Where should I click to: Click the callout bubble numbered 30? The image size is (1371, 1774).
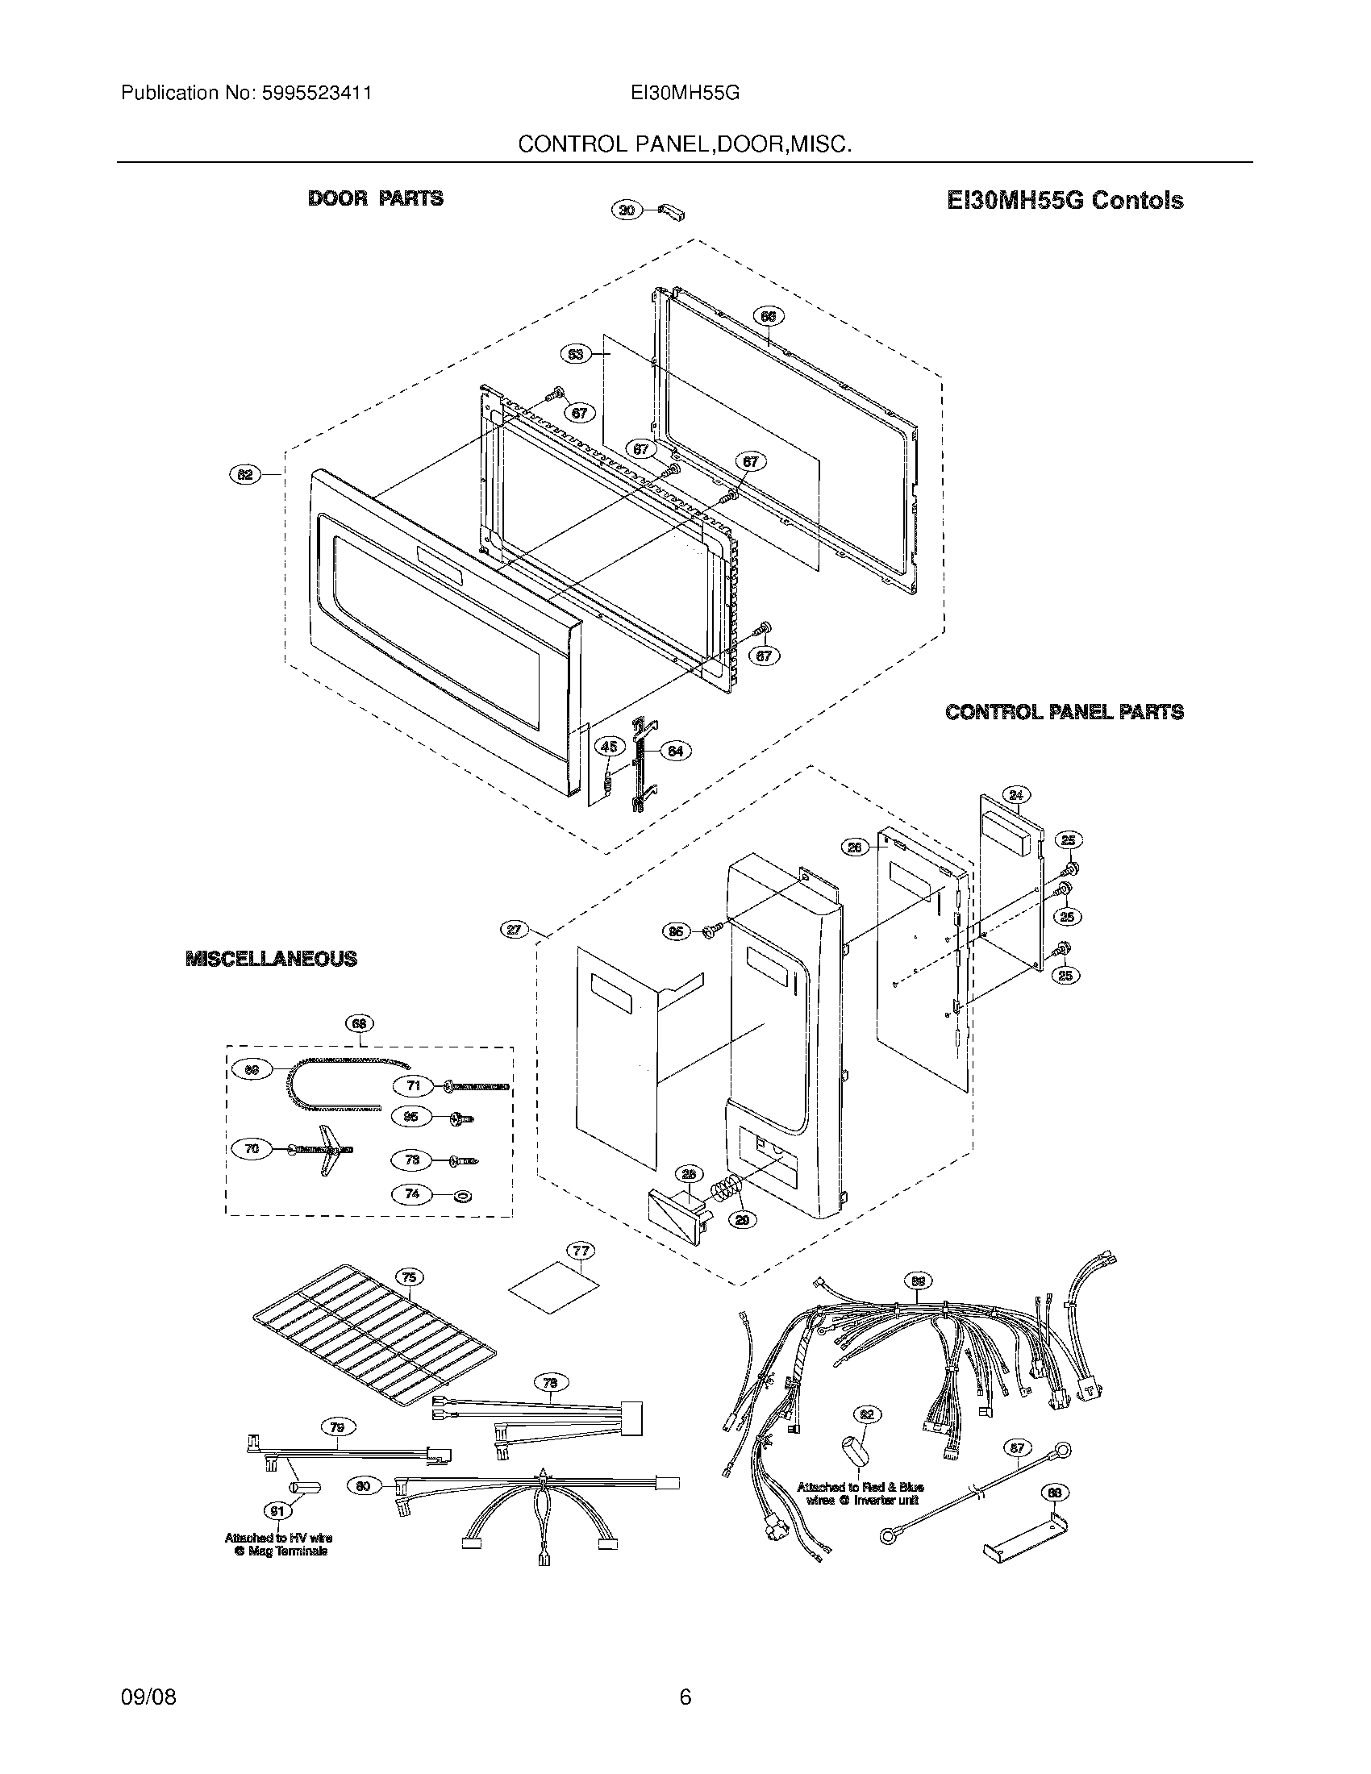pos(625,210)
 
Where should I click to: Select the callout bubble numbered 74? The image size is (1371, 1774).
pos(412,1194)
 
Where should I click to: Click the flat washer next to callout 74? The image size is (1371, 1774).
pos(464,1196)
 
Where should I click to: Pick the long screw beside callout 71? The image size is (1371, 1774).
pos(477,1086)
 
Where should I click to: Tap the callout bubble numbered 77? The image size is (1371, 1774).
pos(581,1250)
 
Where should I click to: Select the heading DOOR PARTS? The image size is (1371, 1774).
pos(375,198)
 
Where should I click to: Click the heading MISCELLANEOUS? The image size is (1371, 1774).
pos(271,959)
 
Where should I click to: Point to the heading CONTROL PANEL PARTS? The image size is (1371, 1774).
pos(1064,712)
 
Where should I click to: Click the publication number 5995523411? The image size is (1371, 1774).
pos(316,93)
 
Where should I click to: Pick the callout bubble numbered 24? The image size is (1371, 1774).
pos(1017,794)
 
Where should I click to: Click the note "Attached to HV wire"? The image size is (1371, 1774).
pos(277,1538)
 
